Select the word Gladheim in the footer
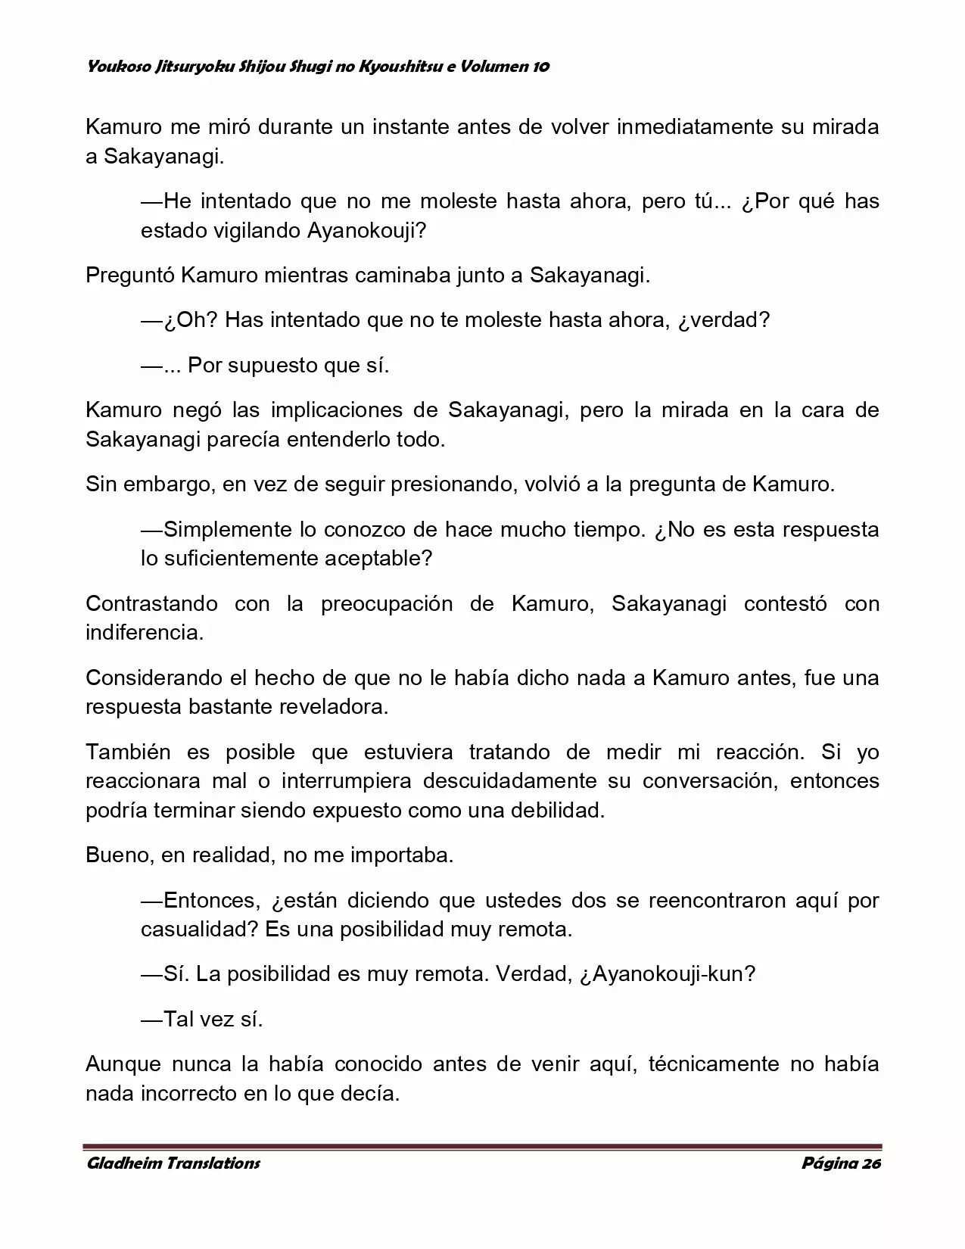click(120, 1163)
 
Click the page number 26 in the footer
click(871, 1163)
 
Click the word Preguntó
click(129, 275)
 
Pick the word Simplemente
click(227, 528)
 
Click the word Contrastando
click(151, 603)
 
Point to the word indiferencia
click(144, 632)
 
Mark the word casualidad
click(199, 929)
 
